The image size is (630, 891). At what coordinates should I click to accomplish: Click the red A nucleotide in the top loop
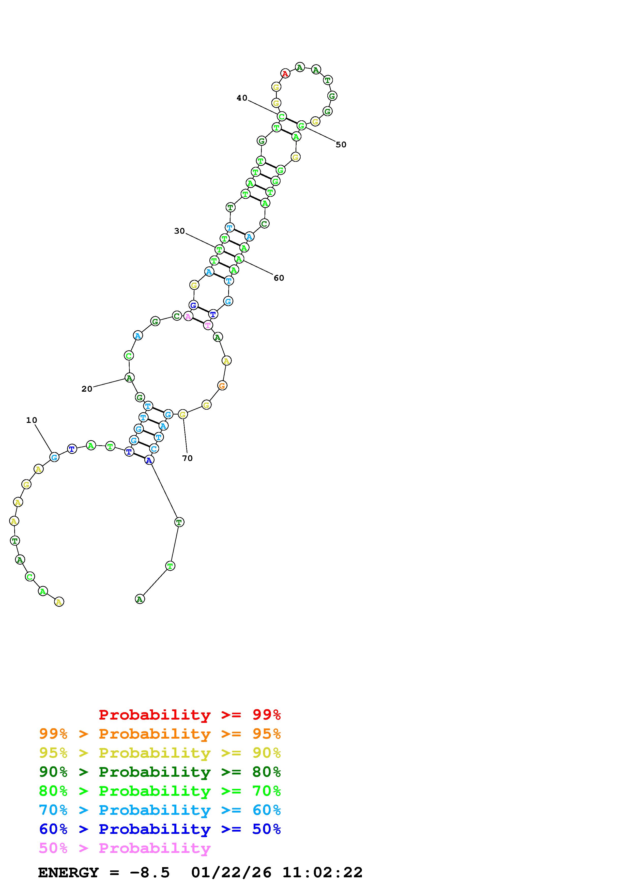285,73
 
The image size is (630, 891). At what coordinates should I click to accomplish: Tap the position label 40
242,98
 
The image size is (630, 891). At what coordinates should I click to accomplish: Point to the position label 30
179,231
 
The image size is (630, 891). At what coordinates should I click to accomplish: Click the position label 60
279,278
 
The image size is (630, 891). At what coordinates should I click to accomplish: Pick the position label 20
87,389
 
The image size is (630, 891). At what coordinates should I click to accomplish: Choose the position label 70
188,458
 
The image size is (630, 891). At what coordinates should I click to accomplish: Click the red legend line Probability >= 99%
190,714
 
